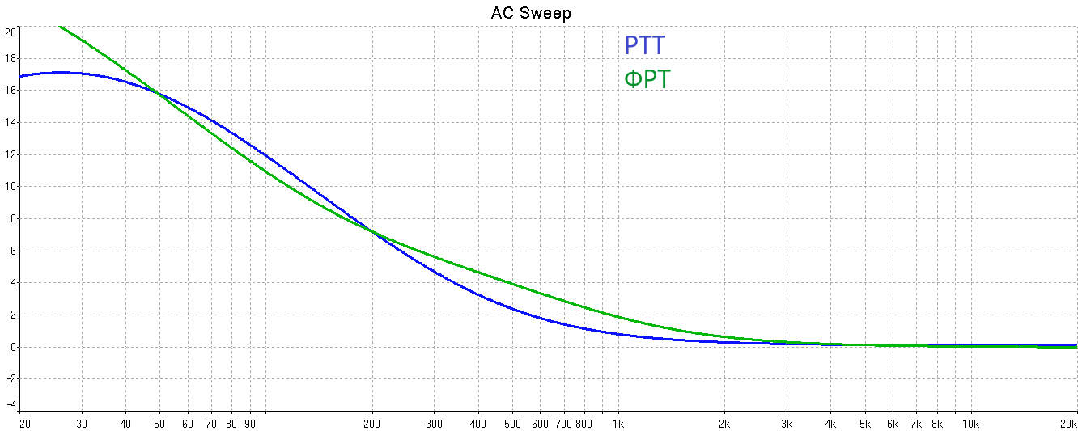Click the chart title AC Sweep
click(x=531, y=13)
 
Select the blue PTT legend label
click(x=645, y=46)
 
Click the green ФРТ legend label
click(x=647, y=79)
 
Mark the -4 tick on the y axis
click(x=11, y=406)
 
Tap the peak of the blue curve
click(x=62, y=72)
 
